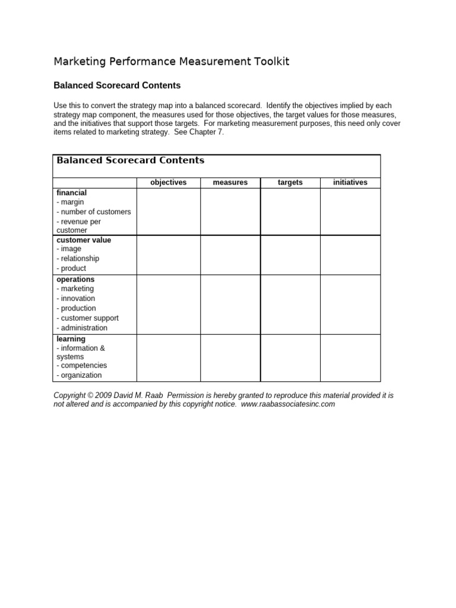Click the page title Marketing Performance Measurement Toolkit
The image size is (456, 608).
172,62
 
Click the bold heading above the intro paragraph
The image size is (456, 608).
117,85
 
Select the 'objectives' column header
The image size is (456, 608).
168,182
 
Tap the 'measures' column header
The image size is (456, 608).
230,182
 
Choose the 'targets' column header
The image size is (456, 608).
290,182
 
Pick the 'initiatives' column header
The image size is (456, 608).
350,182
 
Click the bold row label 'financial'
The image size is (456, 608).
71,193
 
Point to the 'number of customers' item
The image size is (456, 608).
94,212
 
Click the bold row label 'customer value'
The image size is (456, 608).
84,240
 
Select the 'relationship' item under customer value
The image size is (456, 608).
78,259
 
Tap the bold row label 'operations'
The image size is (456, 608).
75,279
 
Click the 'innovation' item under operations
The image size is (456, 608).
76,299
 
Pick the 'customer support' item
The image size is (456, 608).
88,318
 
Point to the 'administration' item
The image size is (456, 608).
83,328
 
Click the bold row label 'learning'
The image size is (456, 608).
71,339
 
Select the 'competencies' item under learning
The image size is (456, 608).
82,366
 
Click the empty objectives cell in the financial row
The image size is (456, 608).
168,211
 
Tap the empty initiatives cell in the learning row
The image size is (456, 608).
350,357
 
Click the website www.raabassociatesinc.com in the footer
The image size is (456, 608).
289,404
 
